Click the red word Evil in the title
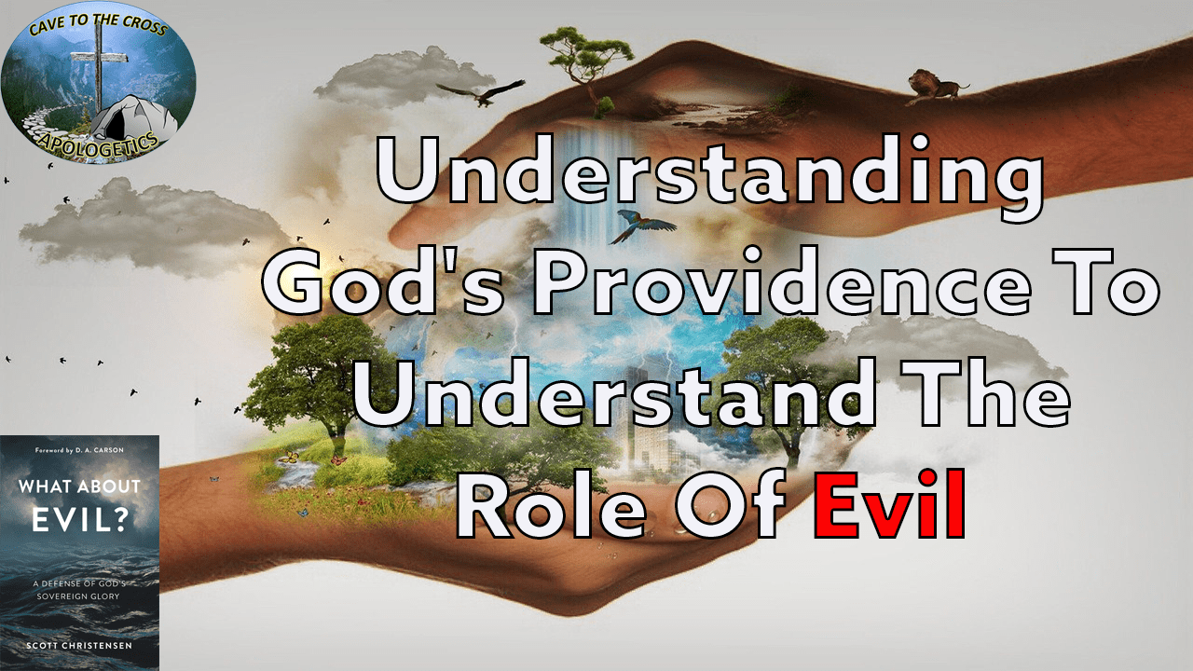pyautogui.click(x=888, y=507)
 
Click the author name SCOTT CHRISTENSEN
pyautogui.click(x=79, y=644)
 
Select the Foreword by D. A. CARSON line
pyautogui.click(x=79, y=451)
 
